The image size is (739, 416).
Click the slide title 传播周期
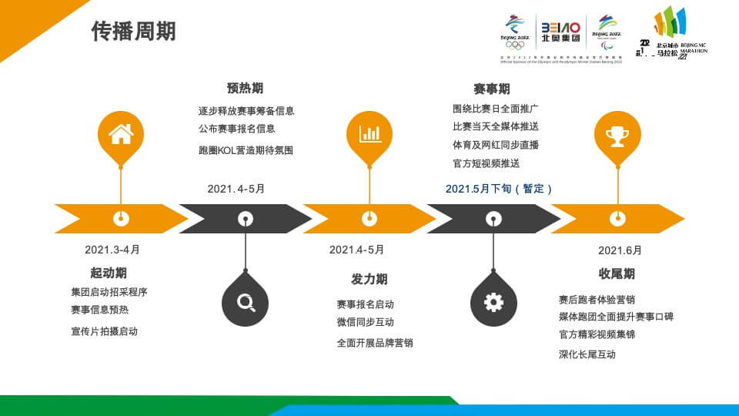point(134,32)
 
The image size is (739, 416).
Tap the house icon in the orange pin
point(121,134)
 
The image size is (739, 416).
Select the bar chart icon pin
point(369,134)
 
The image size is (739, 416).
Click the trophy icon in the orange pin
point(617,136)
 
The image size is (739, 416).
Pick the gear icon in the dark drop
point(493,302)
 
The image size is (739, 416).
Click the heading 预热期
point(245,89)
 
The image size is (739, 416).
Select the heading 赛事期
point(491,89)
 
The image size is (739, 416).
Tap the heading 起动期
point(109,273)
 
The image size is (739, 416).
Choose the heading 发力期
point(369,279)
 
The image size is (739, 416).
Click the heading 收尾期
point(617,273)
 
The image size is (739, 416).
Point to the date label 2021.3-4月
point(112,250)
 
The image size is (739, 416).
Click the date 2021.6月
point(620,250)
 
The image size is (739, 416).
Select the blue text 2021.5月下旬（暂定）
point(499,189)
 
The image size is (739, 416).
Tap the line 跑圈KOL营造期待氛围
point(246,150)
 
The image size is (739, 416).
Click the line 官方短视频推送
point(486,163)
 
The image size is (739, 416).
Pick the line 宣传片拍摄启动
point(104,331)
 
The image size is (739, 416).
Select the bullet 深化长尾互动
point(587,354)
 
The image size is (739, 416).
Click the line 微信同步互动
point(365,322)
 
